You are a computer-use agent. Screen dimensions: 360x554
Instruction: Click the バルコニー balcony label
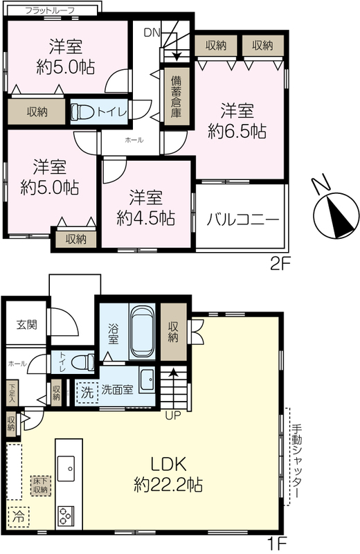[x=243, y=220]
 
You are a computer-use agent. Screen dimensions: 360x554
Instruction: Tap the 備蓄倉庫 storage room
[x=176, y=97]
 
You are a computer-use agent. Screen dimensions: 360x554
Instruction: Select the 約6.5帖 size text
[x=237, y=132]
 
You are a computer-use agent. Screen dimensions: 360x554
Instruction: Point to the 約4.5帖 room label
[x=145, y=218]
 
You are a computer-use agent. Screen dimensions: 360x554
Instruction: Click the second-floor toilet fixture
[x=81, y=112]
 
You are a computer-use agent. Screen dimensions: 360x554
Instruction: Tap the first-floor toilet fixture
[x=82, y=362]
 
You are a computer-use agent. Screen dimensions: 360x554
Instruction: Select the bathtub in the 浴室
[x=143, y=332]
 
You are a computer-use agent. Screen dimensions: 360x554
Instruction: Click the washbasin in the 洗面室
[x=147, y=380]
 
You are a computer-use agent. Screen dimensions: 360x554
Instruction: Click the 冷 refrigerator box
[x=19, y=517]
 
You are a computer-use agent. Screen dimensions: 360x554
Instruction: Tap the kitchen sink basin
[x=66, y=469]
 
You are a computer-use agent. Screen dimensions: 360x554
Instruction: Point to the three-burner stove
[x=66, y=517]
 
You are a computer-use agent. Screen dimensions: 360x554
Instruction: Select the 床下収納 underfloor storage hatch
[x=41, y=486]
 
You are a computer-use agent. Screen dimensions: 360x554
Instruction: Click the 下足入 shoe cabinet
[x=12, y=393]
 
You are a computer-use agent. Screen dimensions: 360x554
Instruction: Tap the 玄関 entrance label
[x=27, y=324]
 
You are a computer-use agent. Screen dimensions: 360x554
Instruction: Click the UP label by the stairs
[x=173, y=415]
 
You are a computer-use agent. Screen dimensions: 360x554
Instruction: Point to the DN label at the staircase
[x=152, y=33]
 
